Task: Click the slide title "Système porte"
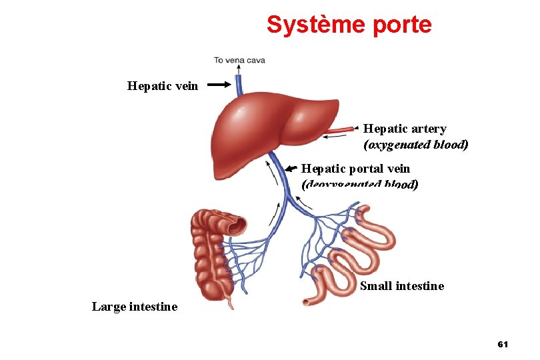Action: [x=349, y=25]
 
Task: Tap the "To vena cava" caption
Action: [x=239, y=60]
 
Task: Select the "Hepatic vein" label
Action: [x=163, y=85]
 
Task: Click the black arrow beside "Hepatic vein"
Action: [x=218, y=85]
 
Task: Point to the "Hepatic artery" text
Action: [x=405, y=129]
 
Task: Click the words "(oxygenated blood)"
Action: [x=415, y=144]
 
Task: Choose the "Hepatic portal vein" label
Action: [x=355, y=169]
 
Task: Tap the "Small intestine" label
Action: [x=401, y=286]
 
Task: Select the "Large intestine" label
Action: [x=135, y=307]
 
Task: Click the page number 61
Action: [x=503, y=344]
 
